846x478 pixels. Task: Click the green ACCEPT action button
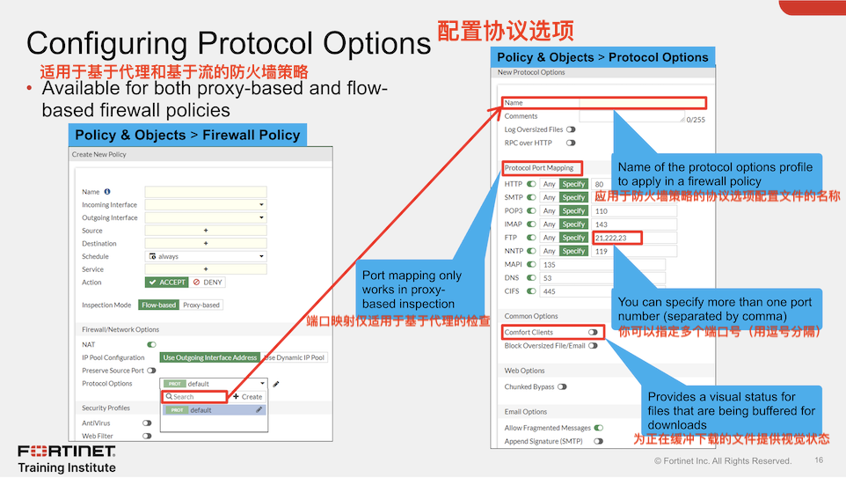click(167, 283)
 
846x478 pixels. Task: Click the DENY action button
click(208, 283)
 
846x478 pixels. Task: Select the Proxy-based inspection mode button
click(201, 305)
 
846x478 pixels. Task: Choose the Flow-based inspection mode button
click(158, 305)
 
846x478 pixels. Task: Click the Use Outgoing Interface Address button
click(210, 357)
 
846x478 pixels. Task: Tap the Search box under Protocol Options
click(194, 397)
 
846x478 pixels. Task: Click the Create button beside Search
click(247, 397)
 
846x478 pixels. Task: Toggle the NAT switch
click(151, 344)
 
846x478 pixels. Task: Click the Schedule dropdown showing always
click(206, 256)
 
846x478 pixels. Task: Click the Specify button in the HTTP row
click(573, 184)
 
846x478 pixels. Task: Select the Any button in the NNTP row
click(549, 251)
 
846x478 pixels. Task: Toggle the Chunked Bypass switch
click(562, 386)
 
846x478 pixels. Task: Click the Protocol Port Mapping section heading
click(538, 167)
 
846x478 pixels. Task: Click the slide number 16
click(819, 460)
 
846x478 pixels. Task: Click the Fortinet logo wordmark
click(66, 452)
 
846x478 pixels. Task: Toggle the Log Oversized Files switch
click(571, 129)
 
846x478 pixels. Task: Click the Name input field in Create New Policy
click(206, 191)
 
